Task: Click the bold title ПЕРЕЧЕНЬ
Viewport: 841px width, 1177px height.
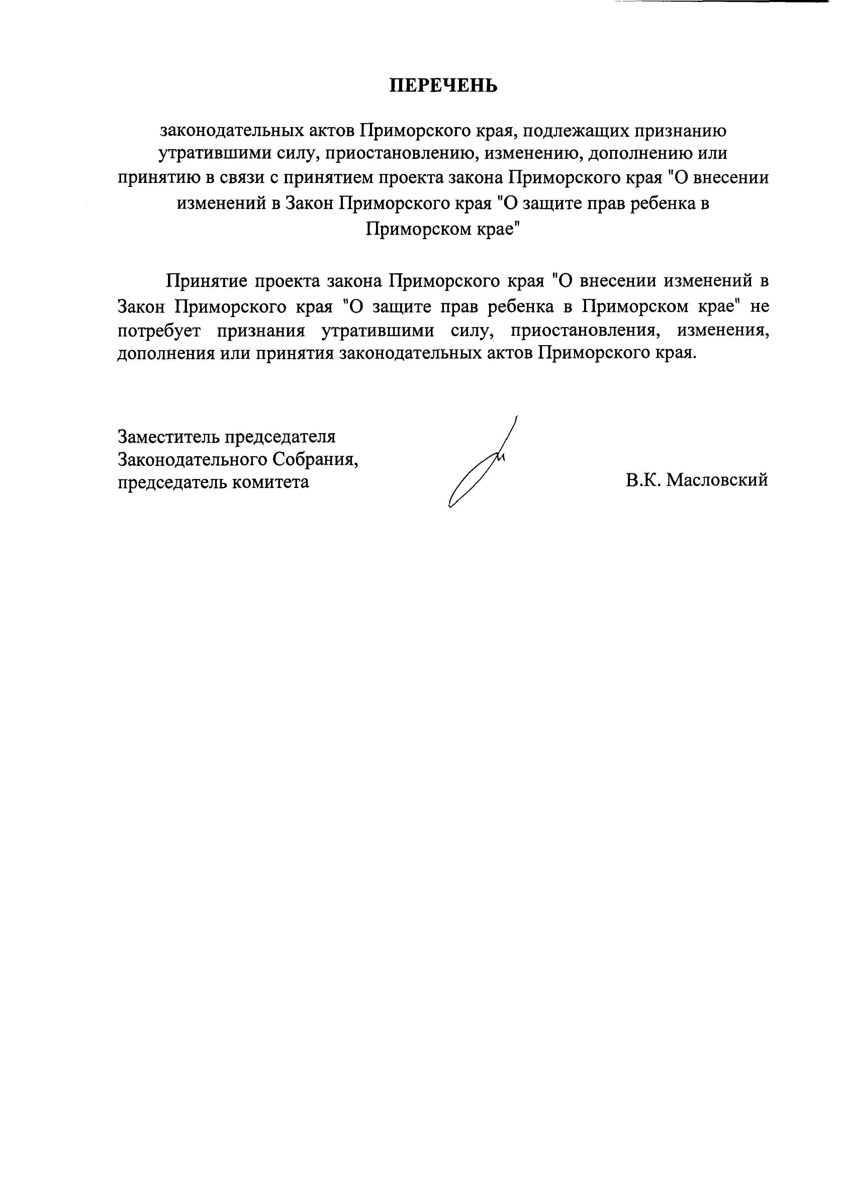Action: [x=443, y=85]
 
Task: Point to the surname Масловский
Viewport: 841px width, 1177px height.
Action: [x=717, y=480]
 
